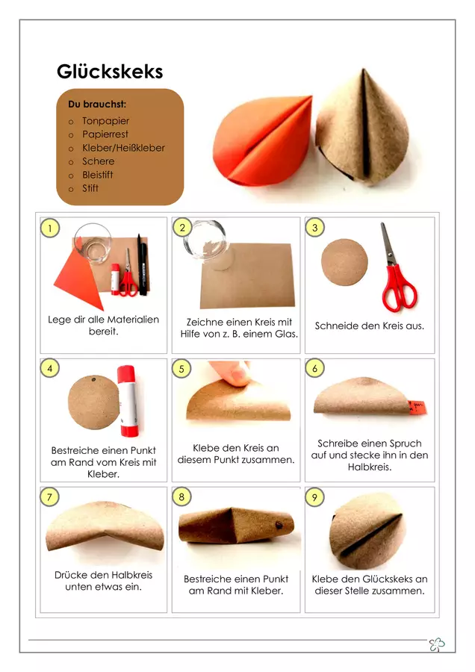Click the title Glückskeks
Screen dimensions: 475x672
pyautogui.click(x=110, y=72)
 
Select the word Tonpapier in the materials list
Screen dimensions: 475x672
pyautogui.click(x=105, y=121)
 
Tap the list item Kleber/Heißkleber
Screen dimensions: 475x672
pyautogui.click(x=123, y=148)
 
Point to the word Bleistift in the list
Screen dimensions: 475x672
pyautogui.click(x=98, y=175)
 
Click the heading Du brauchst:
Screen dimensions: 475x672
pyautogui.click(x=97, y=104)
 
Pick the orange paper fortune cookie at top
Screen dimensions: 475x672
pyautogui.click(x=263, y=141)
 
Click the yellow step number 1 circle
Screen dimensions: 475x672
pyautogui.click(x=50, y=228)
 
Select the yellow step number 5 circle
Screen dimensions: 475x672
pyautogui.click(x=181, y=369)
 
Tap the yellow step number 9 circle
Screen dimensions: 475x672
pyautogui.click(x=314, y=497)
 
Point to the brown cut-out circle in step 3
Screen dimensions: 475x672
pyautogui.click(x=345, y=262)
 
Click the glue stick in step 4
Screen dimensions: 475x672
pyautogui.click(x=128, y=401)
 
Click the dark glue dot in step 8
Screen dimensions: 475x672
pyautogui.click(x=279, y=525)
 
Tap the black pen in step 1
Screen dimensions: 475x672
pyautogui.click(x=143, y=264)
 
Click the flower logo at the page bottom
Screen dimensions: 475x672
pyautogui.click(x=437, y=644)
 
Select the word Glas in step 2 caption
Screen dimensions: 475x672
pyautogui.click(x=286, y=334)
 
